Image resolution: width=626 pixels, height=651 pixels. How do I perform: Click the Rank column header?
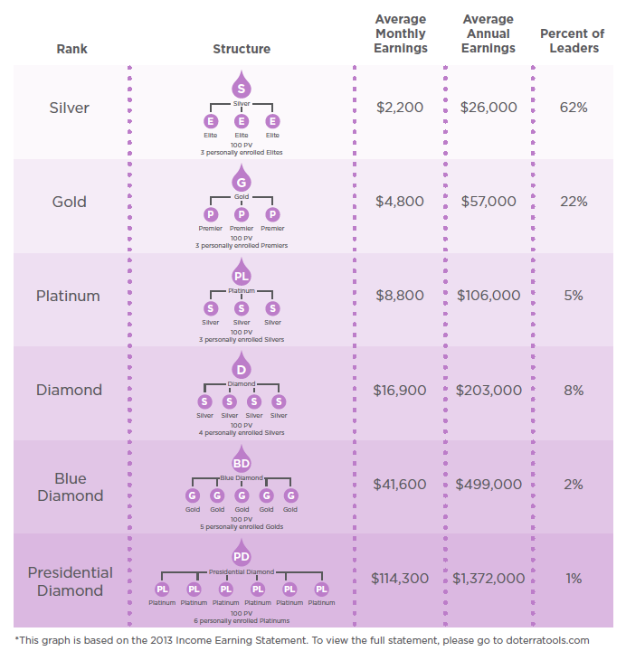(x=71, y=49)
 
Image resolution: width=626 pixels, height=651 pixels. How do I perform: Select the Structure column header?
(x=242, y=49)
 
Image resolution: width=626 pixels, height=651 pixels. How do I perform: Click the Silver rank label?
(x=70, y=108)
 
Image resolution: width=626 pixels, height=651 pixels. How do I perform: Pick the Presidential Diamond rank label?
(x=71, y=581)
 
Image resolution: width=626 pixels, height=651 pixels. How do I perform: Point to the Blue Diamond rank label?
(x=71, y=486)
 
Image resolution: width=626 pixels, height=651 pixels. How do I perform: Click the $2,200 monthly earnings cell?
(x=400, y=108)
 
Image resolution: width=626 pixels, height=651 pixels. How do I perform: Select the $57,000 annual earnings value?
(x=488, y=202)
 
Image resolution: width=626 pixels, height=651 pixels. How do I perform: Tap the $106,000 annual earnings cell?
(x=488, y=296)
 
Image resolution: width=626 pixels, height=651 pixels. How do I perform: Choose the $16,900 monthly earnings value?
(x=400, y=391)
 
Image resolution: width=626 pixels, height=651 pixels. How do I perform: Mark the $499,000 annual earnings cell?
(x=488, y=485)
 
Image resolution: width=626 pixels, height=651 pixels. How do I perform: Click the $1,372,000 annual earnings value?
(x=488, y=579)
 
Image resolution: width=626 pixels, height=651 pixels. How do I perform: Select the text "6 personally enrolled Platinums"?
(x=242, y=621)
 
